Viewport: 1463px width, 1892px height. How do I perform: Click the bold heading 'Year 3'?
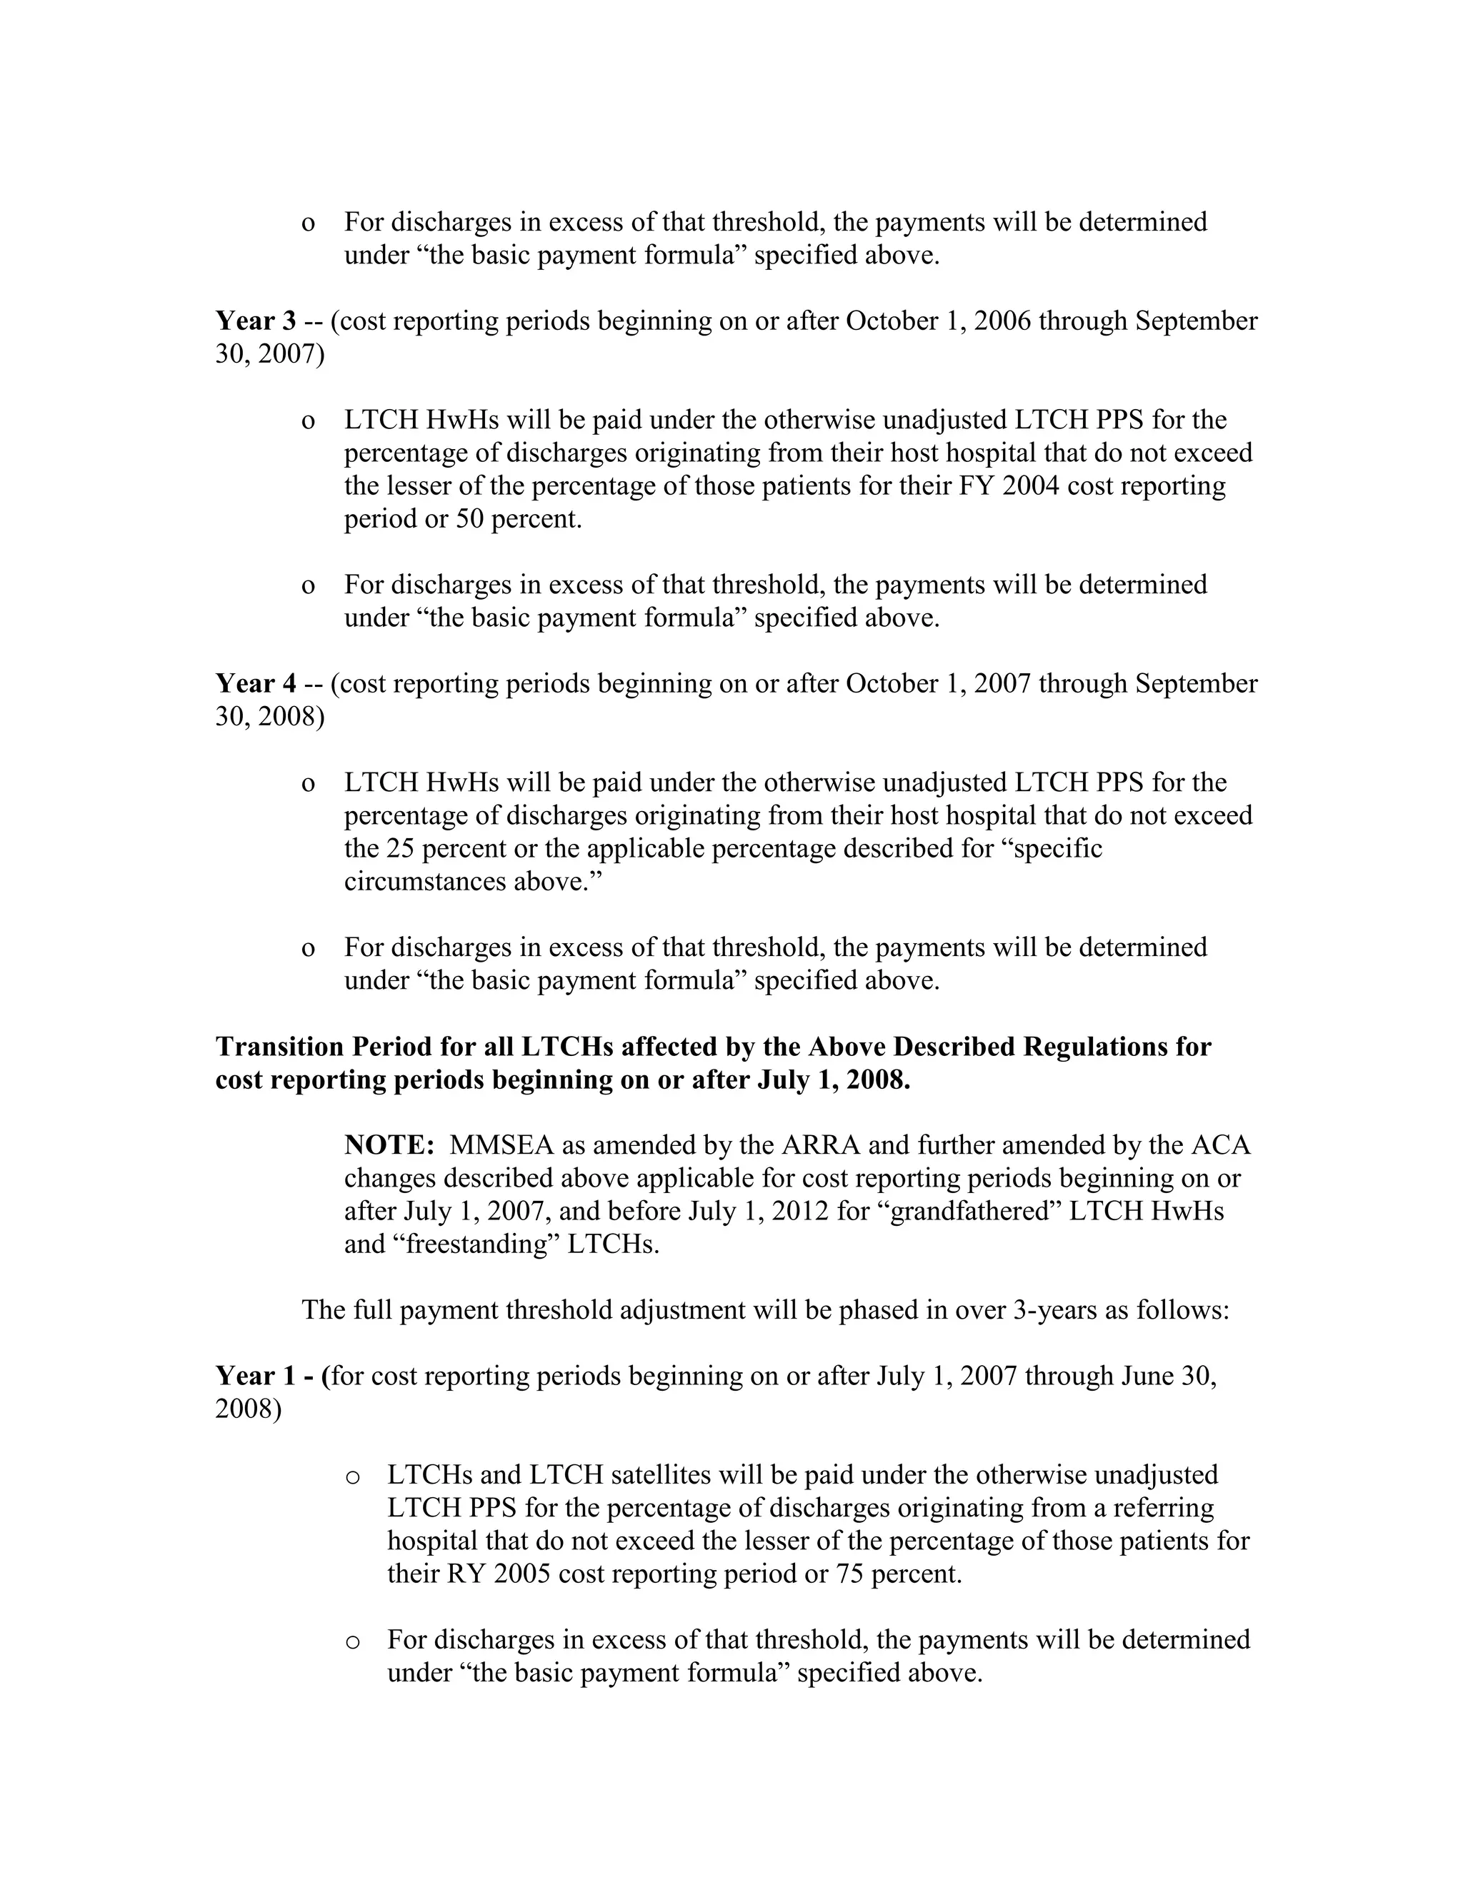[256, 321]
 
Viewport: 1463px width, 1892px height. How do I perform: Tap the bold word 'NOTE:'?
[389, 1145]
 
